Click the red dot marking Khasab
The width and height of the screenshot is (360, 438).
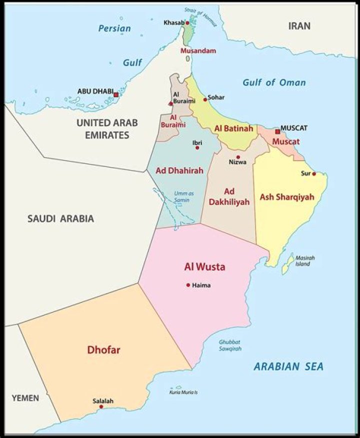(187, 23)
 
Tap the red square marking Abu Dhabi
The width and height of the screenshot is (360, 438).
(116, 94)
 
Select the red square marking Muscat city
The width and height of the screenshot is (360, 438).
(277, 131)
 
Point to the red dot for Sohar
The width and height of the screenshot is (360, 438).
(205, 99)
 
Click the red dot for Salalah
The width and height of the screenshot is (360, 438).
(101, 406)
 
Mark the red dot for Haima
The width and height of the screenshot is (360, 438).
(188, 285)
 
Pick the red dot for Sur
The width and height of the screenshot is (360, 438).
(314, 174)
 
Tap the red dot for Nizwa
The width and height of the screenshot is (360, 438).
(238, 157)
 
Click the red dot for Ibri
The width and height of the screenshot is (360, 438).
(197, 147)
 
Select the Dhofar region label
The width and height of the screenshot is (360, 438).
(103, 350)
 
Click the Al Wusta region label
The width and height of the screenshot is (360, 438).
(204, 267)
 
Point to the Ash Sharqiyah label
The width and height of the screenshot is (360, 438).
(286, 197)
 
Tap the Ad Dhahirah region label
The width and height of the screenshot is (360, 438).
(179, 170)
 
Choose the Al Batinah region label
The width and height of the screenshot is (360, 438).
(233, 128)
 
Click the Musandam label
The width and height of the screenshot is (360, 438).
(198, 51)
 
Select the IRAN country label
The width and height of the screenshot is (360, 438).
(299, 26)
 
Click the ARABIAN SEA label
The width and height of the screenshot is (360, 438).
(288, 366)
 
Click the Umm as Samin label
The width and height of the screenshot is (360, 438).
(183, 196)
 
